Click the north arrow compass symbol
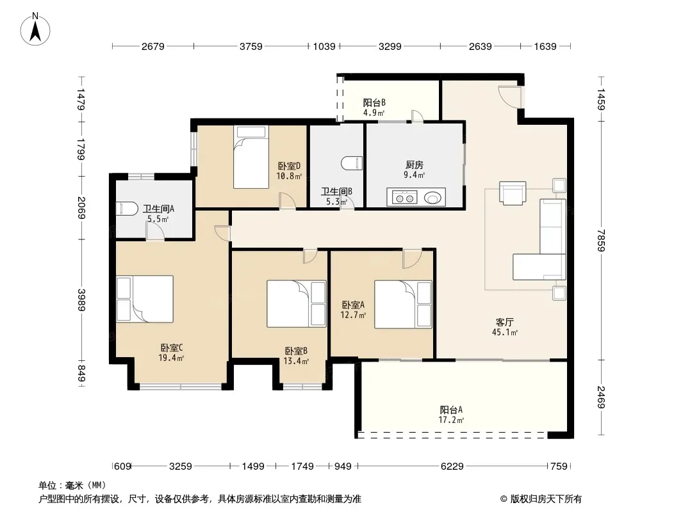point(35,29)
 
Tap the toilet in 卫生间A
point(127,209)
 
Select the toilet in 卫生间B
point(352,163)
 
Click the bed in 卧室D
point(251,157)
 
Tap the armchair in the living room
point(513,193)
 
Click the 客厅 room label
point(504,322)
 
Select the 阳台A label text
point(451,410)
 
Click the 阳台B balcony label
point(374,102)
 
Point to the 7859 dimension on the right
point(601,240)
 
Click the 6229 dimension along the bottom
point(452,467)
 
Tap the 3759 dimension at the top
point(251,46)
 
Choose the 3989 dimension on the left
point(81,300)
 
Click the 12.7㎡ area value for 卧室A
point(353,315)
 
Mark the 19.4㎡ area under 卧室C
point(170,358)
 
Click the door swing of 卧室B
point(309,256)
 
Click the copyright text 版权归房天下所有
point(546,499)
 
